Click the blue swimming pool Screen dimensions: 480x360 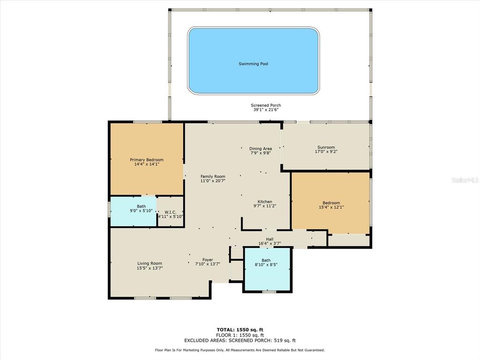[x=254, y=60]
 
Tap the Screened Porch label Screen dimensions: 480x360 [x=266, y=105]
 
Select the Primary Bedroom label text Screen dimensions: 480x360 [x=147, y=160]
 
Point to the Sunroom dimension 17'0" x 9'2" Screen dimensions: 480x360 [x=326, y=151]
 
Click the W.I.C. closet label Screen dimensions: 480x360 [x=171, y=212]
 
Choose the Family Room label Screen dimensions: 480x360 [x=213, y=176]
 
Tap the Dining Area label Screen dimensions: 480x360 [x=261, y=149]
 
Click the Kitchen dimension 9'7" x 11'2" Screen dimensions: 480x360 [x=265, y=206]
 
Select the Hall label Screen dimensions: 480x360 [x=270, y=239]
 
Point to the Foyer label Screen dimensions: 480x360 [x=208, y=260]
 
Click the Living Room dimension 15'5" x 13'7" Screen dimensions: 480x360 [x=150, y=268]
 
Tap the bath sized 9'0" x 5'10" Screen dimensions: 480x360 [x=133, y=211]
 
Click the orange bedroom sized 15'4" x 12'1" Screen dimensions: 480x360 [x=330, y=202]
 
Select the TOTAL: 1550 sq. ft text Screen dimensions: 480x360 [x=240, y=330]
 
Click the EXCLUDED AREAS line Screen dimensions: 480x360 [x=240, y=340]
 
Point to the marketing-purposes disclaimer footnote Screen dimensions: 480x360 [x=240, y=350]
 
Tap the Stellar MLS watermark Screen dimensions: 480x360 [x=465, y=180]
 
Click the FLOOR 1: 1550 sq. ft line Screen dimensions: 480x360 [x=240, y=335]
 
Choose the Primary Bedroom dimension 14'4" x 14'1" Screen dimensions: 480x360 [x=147, y=165]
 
